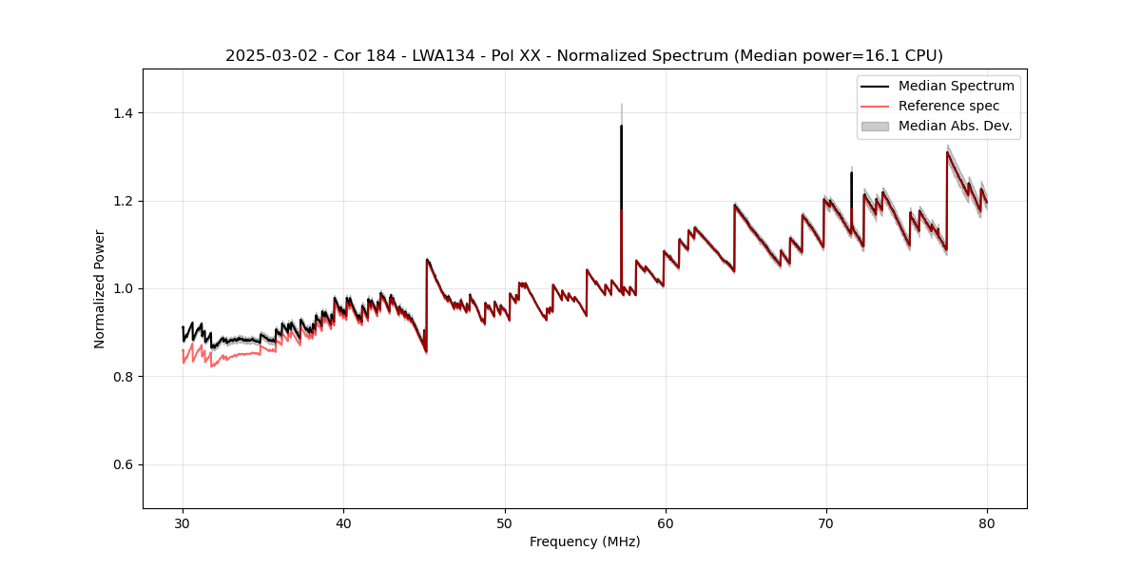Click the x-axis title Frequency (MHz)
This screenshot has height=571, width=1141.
pyautogui.click(x=585, y=541)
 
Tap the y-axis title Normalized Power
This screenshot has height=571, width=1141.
pyautogui.click(x=99, y=288)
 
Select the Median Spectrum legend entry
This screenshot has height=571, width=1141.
pyautogui.click(x=956, y=86)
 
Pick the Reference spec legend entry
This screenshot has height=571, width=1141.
pyautogui.click(x=949, y=106)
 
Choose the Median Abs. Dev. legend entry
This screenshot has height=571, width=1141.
pyautogui.click(x=955, y=126)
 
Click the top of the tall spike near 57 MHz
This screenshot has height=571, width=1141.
pyautogui.click(x=621, y=126)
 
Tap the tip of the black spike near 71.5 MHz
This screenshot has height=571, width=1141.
pyautogui.click(x=851, y=173)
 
